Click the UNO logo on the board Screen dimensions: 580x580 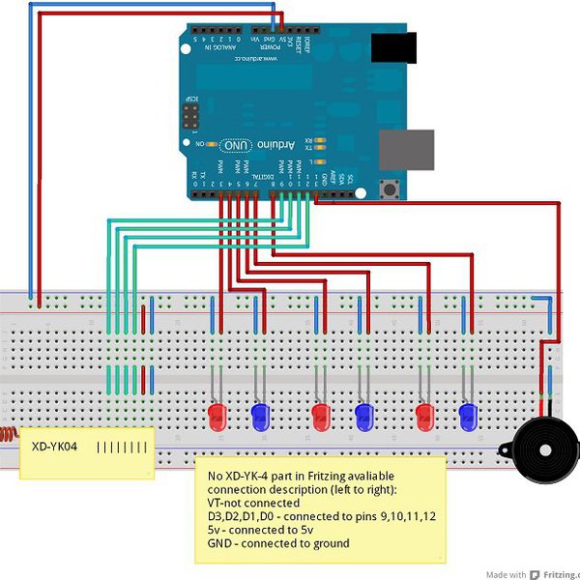click(x=236, y=144)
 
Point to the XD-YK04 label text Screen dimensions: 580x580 click(x=54, y=448)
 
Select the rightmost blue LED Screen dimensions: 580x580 click(x=469, y=417)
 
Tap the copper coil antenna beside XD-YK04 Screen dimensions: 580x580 click(x=8, y=434)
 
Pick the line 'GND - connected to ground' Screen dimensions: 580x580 click(x=278, y=543)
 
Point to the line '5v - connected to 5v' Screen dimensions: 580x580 click(x=261, y=530)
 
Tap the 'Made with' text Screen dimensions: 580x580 click(x=506, y=574)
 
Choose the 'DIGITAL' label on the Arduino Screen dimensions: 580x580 click(x=256, y=177)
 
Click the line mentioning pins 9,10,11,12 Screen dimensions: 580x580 click(x=321, y=516)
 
